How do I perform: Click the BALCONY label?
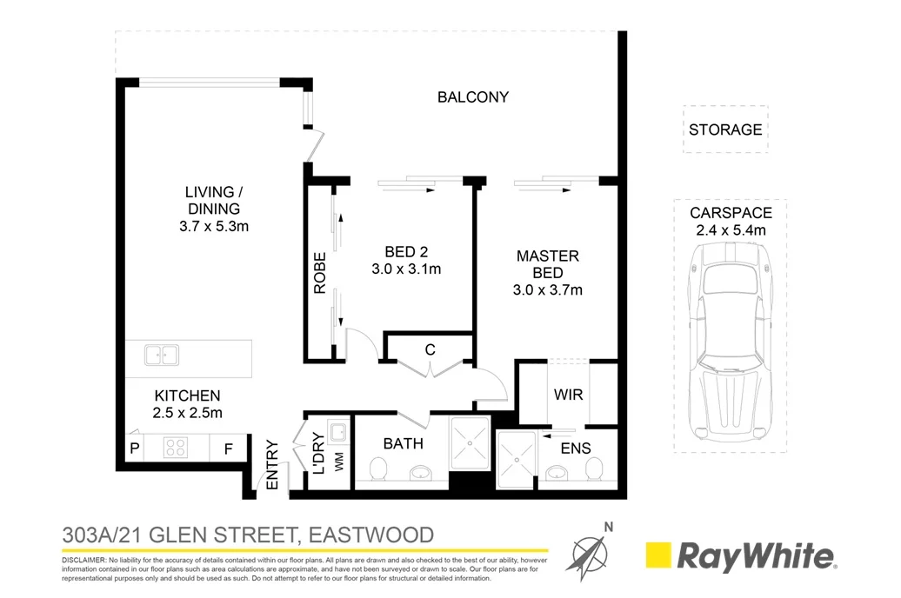[x=472, y=97]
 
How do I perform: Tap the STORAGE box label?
[x=725, y=130]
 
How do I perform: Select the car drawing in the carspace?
[x=730, y=339]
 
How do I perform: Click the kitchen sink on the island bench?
[x=162, y=355]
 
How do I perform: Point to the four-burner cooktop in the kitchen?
[x=176, y=448]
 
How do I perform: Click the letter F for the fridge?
[x=229, y=449]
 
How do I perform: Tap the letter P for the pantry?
[x=135, y=449]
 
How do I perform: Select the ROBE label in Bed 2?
[x=319, y=272]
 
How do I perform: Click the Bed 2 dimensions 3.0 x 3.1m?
[x=406, y=269]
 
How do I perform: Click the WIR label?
[x=568, y=394]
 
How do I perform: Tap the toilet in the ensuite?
[x=595, y=469]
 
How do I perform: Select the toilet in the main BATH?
[x=378, y=470]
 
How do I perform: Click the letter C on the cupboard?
[x=430, y=349]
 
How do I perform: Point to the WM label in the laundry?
[x=337, y=464]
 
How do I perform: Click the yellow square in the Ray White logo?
[x=657, y=555]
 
